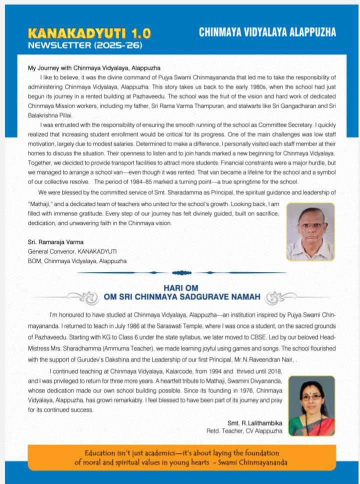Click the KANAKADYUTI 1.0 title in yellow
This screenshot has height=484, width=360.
pos(89,33)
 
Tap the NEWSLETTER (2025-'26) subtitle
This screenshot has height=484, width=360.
pos(85,45)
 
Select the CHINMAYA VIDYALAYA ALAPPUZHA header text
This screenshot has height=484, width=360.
pos(267,32)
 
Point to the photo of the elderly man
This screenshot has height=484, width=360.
pos(310,231)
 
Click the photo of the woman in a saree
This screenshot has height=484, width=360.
pos(311,405)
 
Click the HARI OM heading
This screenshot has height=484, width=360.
pos(181,288)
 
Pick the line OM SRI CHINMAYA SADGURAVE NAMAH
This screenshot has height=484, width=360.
pos(181,297)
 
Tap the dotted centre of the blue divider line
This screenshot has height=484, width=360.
pos(181,272)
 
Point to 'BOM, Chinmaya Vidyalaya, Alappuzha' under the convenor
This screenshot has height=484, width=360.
pos(77,261)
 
